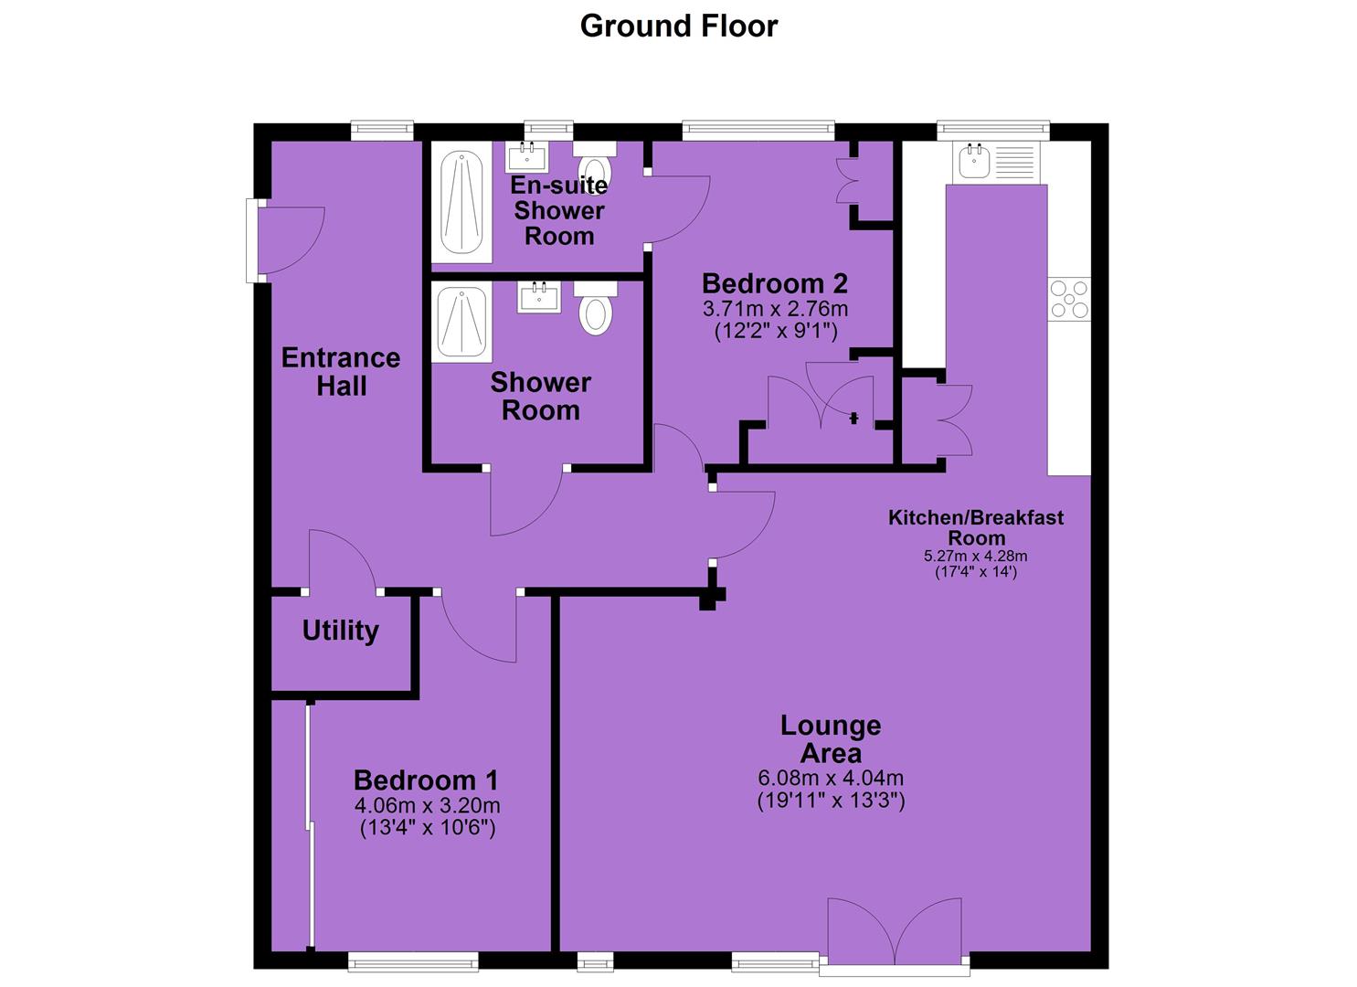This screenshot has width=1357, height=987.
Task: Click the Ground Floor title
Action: pos(678,27)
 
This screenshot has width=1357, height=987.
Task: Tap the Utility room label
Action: pos(341,631)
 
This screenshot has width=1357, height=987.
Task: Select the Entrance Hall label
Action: pos(341,372)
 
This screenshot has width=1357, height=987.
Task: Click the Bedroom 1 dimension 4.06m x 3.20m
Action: pos(427,806)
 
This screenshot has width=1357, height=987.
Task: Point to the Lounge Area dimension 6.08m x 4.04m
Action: pos(831,778)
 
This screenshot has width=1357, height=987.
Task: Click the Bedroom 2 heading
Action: pos(774,283)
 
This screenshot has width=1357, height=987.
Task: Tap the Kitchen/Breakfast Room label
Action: pos(976,527)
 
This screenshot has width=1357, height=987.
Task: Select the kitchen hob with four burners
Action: pos(1069,299)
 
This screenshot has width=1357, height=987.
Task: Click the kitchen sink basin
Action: pos(975,161)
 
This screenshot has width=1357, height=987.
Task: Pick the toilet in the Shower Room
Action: pos(596,308)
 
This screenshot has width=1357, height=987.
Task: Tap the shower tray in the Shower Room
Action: pos(461,322)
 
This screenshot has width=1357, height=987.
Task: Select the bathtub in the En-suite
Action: pos(461,202)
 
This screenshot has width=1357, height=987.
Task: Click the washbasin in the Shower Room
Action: pos(539,297)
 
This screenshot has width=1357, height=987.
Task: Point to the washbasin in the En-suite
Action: pos(526,156)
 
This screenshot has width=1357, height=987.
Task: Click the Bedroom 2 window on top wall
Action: pos(758,131)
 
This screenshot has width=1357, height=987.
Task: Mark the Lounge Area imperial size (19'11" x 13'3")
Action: pos(831,801)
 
